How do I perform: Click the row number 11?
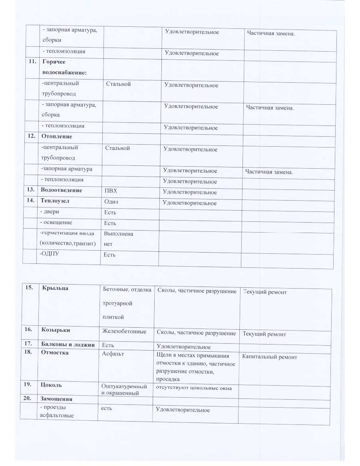pyautogui.click(x=30, y=62)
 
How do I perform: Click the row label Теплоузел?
pyautogui.click(x=55, y=201)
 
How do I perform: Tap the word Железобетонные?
pyautogui.click(x=124, y=331)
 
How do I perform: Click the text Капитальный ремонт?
pyautogui.click(x=270, y=357)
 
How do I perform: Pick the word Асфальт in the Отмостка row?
pyautogui.click(x=113, y=353)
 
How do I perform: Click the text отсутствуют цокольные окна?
pyautogui.click(x=193, y=387)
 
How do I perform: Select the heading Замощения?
pyautogui.click(x=56, y=399)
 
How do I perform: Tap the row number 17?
pyautogui.click(x=28, y=343)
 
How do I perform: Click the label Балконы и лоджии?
pyautogui.click(x=68, y=344)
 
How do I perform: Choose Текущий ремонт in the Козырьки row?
pyautogui.click(x=264, y=334)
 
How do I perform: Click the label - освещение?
pyautogui.click(x=57, y=222)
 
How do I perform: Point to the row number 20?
pyautogui.click(x=28, y=398)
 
